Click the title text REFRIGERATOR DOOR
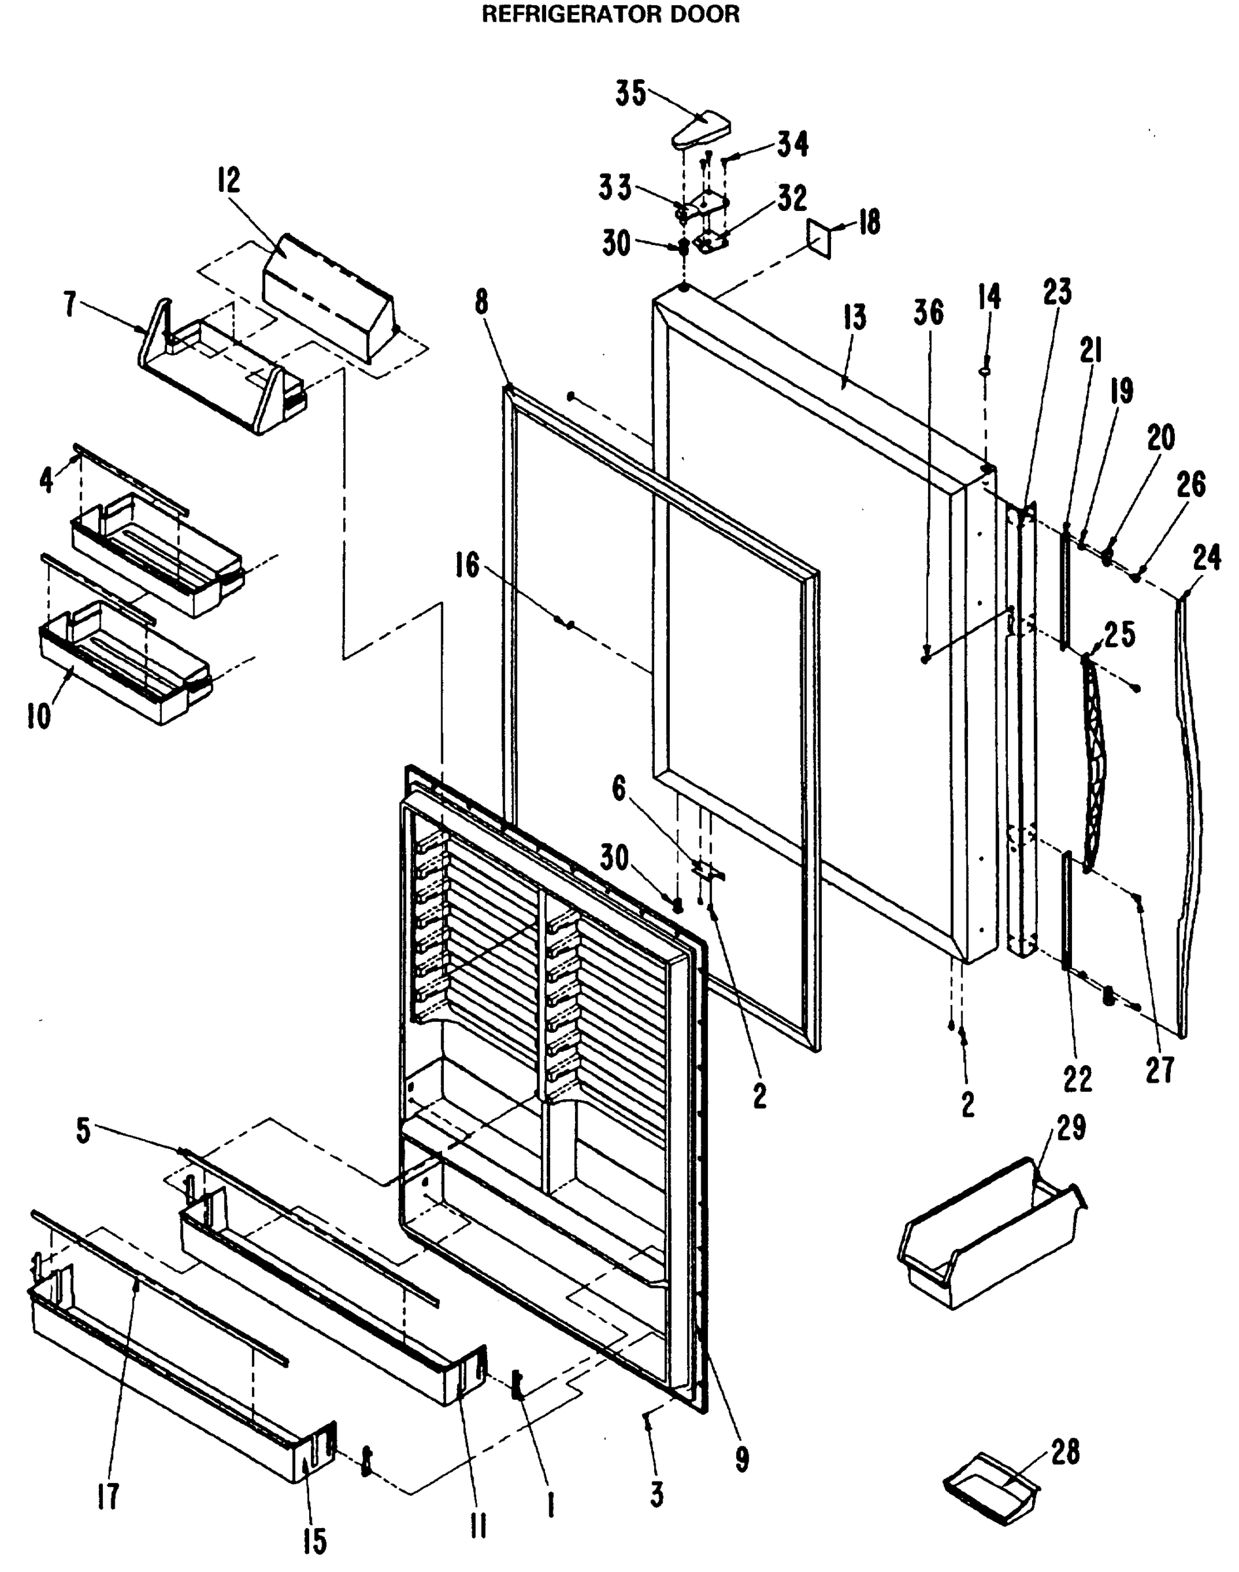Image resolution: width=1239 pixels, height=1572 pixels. tap(611, 14)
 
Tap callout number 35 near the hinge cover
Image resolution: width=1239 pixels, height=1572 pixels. tap(631, 93)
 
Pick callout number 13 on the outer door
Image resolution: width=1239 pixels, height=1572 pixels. tap(855, 318)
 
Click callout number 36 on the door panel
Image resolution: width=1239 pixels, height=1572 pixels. tap(929, 312)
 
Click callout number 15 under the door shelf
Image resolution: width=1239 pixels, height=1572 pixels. tap(314, 1541)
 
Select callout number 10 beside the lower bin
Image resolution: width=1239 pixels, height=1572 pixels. tap(39, 717)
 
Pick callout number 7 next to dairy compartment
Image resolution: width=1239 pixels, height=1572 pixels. tap(69, 305)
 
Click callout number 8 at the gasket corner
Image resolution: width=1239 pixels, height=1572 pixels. tap(483, 301)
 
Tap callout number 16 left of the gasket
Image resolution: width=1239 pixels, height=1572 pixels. tap(467, 565)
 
